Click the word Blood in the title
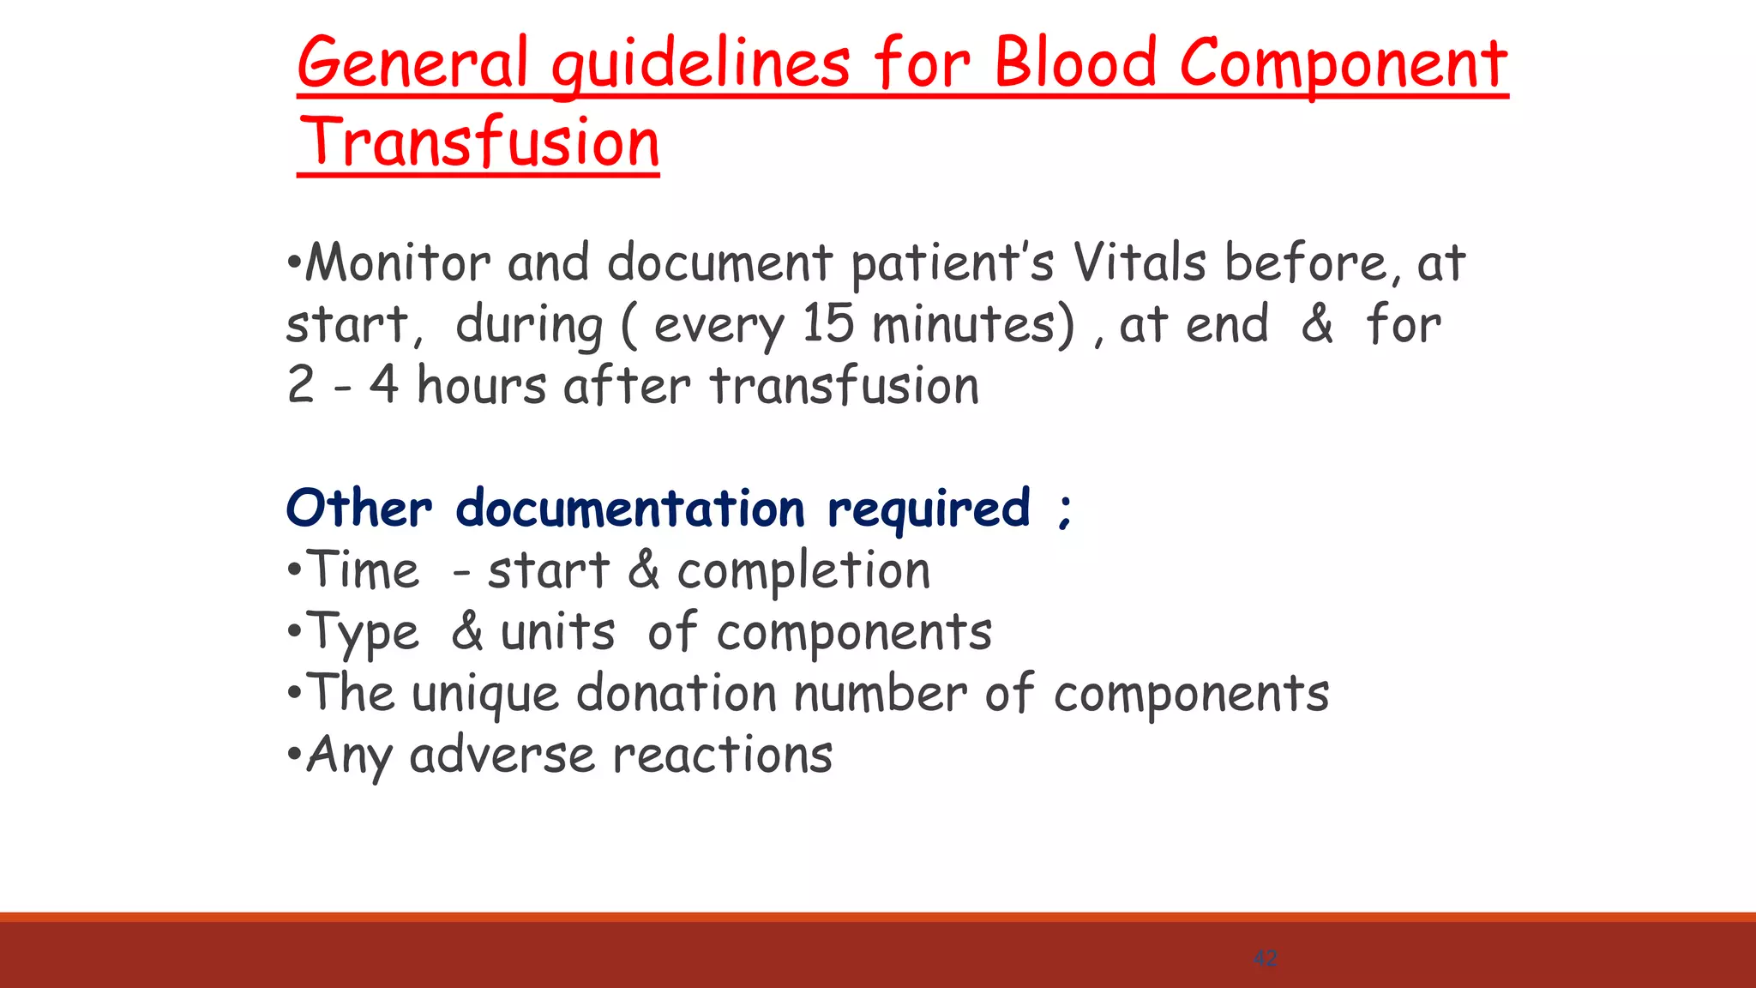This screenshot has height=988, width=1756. click(x=1075, y=63)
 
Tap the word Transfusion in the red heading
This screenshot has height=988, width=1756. click(x=479, y=142)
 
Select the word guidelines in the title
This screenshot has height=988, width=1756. click(x=701, y=65)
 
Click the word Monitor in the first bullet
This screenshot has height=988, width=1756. click(x=398, y=262)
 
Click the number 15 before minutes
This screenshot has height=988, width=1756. click(x=828, y=324)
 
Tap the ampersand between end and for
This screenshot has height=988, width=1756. click(x=1317, y=324)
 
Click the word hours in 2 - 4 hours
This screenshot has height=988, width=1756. click(x=481, y=385)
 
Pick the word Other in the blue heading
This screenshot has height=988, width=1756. click(x=358, y=508)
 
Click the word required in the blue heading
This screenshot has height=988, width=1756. click(x=929, y=509)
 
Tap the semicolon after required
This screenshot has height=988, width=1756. click(x=1064, y=511)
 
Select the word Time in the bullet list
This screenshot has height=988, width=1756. click(x=364, y=570)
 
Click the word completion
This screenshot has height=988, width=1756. click(x=803, y=571)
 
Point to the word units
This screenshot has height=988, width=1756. click(x=557, y=633)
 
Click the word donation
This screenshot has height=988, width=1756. click(x=677, y=693)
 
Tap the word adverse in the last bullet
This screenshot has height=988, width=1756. click(x=502, y=756)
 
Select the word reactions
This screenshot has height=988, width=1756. click(x=723, y=756)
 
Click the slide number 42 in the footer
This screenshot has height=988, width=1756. click(x=1265, y=958)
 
